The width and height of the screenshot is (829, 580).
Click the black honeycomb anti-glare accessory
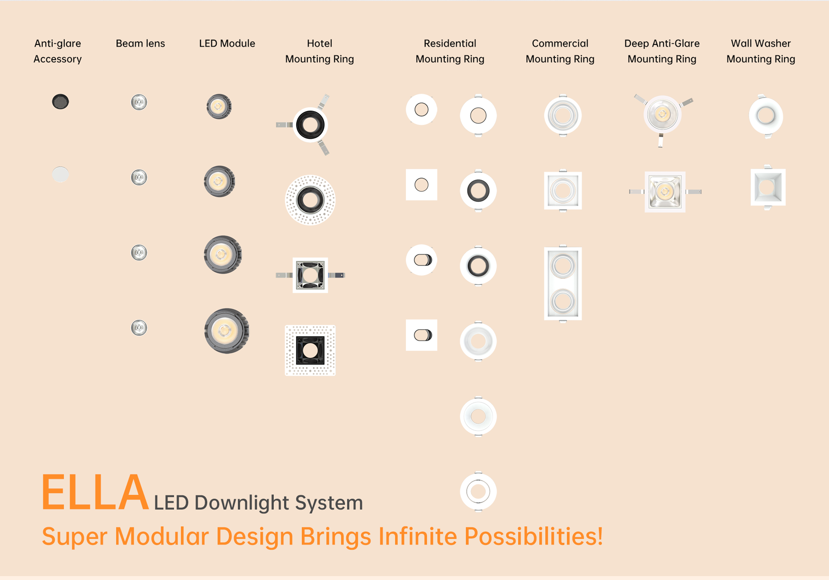tap(60, 102)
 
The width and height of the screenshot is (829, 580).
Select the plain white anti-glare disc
tap(60, 174)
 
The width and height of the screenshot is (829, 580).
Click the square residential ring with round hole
tap(421, 185)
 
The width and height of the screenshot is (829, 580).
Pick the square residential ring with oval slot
tap(421, 335)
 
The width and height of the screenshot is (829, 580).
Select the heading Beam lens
tap(140, 43)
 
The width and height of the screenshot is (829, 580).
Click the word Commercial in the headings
tap(560, 43)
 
